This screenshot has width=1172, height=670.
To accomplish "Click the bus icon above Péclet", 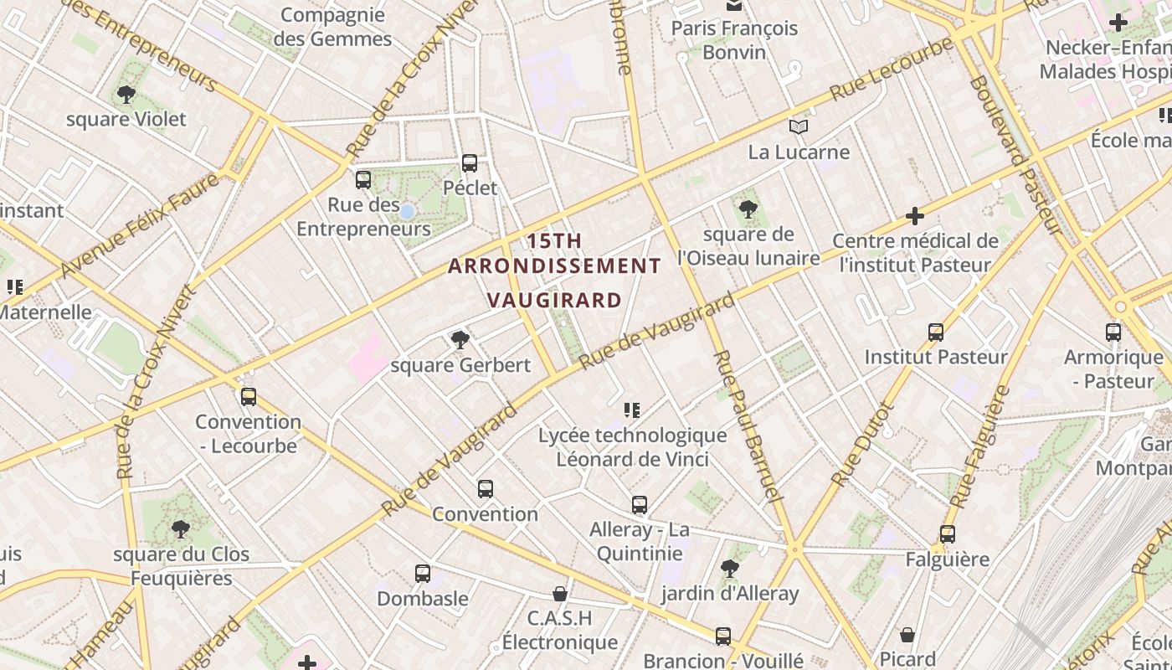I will (470, 162).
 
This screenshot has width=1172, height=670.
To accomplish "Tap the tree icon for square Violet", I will (126, 95).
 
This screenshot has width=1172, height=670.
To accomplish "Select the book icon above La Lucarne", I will (799, 127).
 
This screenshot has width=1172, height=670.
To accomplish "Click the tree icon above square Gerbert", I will (460, 339).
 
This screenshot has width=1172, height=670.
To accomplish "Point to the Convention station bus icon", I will (486, 489).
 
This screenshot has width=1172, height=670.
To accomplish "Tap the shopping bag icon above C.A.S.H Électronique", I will (560, 594).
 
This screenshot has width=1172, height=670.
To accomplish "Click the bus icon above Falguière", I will (948, 533).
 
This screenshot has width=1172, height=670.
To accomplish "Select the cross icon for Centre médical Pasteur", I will (915, 216).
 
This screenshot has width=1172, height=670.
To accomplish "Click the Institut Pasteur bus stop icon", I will (936, 332).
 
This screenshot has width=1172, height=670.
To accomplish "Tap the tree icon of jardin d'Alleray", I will (730, 569).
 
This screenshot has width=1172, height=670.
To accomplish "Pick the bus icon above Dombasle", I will (423, 574).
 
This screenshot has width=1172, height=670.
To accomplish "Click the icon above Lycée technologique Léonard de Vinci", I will (632, 410).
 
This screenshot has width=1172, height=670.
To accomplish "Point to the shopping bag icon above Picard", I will (907, 635).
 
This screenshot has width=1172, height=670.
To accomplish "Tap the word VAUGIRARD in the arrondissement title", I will (554, 300).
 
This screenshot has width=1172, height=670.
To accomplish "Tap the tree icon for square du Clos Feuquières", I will (180, 529).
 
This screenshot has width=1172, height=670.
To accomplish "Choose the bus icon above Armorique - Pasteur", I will (1113, 332).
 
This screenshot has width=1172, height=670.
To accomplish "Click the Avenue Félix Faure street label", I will (140, 225).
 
